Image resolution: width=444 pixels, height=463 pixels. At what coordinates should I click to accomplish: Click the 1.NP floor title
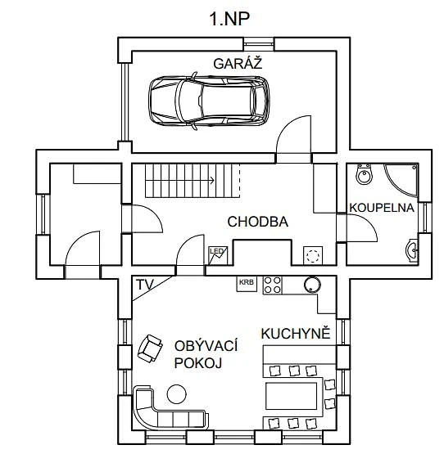(229, 19)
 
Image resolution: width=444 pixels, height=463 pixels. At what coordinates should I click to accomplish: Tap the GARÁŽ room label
(238, 63)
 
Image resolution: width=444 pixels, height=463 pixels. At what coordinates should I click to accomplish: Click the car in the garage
(209, 101)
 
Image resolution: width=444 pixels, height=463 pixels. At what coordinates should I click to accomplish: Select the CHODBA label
(258, 222)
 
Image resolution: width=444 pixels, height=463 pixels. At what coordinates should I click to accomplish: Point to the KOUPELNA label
(382, 208)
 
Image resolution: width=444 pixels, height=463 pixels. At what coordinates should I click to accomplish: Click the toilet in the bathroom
(364, 174)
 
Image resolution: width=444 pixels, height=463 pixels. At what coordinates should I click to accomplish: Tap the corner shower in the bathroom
(401, 179)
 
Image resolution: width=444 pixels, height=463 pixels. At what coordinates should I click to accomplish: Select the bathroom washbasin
(412, 251)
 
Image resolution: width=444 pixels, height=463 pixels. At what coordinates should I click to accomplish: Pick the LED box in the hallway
(218, 255)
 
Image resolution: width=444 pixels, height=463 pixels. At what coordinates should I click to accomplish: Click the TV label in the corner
(145, 285)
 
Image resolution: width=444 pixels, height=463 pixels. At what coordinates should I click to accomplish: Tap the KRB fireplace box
(247, 284)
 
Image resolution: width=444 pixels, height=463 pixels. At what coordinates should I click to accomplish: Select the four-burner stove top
(272, 285)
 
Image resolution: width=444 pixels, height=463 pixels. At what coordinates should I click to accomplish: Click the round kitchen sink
(312, 284)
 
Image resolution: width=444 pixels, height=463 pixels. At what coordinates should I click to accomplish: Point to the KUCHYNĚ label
(295, 334)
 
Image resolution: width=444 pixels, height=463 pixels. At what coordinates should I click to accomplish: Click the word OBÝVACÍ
(206, 346)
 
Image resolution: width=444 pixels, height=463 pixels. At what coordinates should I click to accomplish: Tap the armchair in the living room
(150, 348)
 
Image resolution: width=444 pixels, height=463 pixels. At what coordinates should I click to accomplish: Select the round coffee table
(176, 394)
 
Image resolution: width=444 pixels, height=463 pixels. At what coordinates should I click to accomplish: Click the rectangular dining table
(291, 396)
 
